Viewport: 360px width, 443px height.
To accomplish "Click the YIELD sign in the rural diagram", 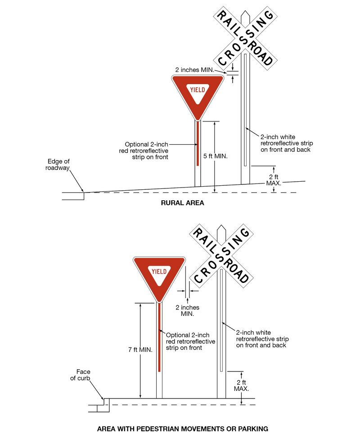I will [198, 92].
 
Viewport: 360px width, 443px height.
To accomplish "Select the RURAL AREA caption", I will [182, 203].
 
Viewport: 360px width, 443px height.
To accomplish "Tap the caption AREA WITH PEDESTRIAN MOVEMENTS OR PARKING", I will [182, 429].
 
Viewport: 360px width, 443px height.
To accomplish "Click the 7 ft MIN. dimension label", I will [141, 349].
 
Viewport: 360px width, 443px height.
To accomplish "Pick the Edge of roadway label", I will [58, 165].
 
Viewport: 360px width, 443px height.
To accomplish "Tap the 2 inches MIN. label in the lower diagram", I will [187, 310].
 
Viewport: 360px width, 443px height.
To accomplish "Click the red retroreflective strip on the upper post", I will [198, 144].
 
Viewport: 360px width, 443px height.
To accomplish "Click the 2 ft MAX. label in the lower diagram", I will [241, 385].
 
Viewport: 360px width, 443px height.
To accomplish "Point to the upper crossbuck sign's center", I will [245, 36].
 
